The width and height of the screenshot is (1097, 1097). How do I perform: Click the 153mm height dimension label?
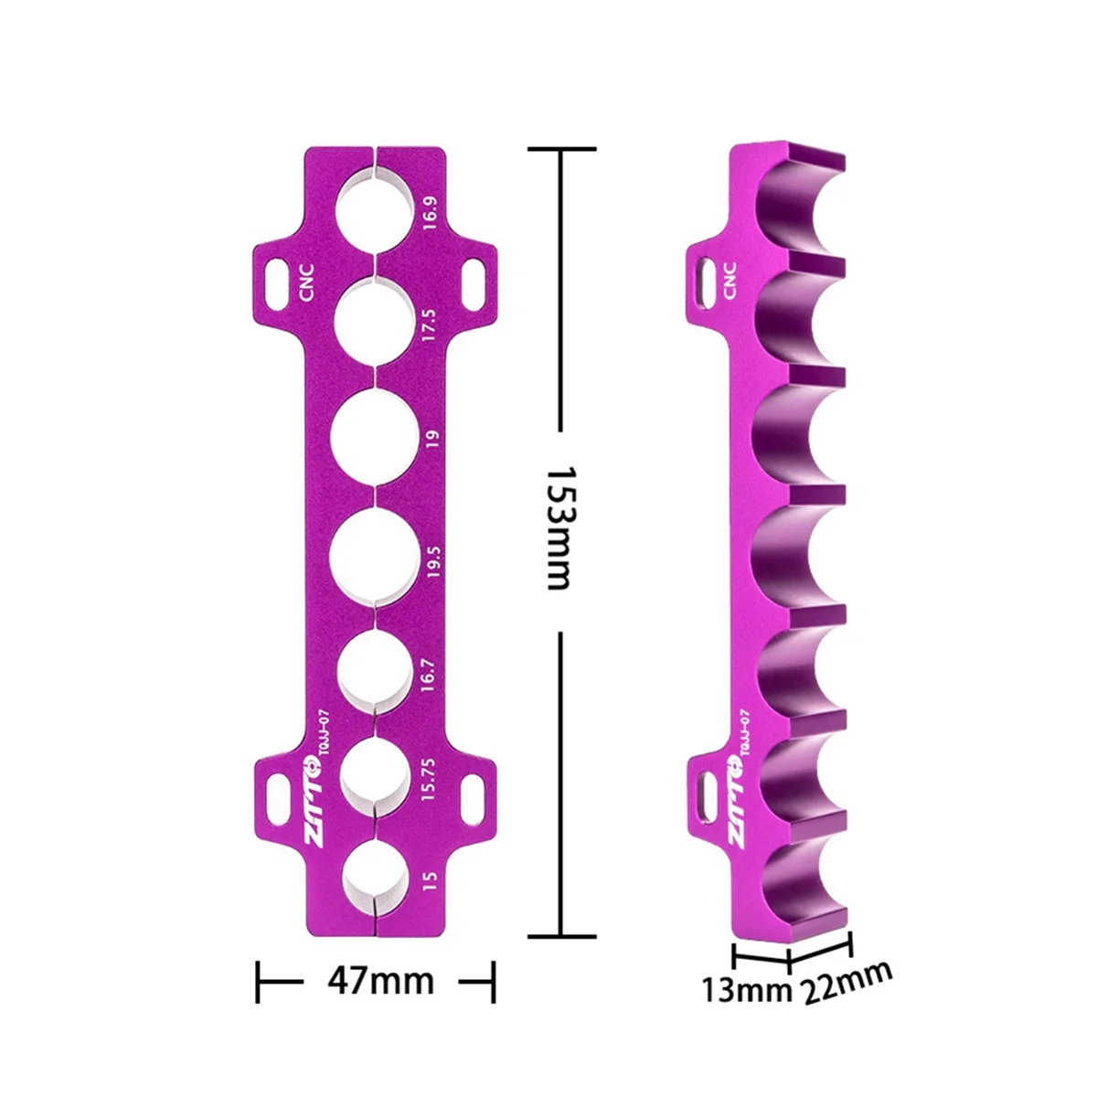559,528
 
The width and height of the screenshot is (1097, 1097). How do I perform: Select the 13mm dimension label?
744,989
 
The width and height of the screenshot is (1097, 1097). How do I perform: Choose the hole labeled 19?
375,438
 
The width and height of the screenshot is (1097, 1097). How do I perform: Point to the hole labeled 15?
374,879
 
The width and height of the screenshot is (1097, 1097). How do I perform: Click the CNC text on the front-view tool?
305,282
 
